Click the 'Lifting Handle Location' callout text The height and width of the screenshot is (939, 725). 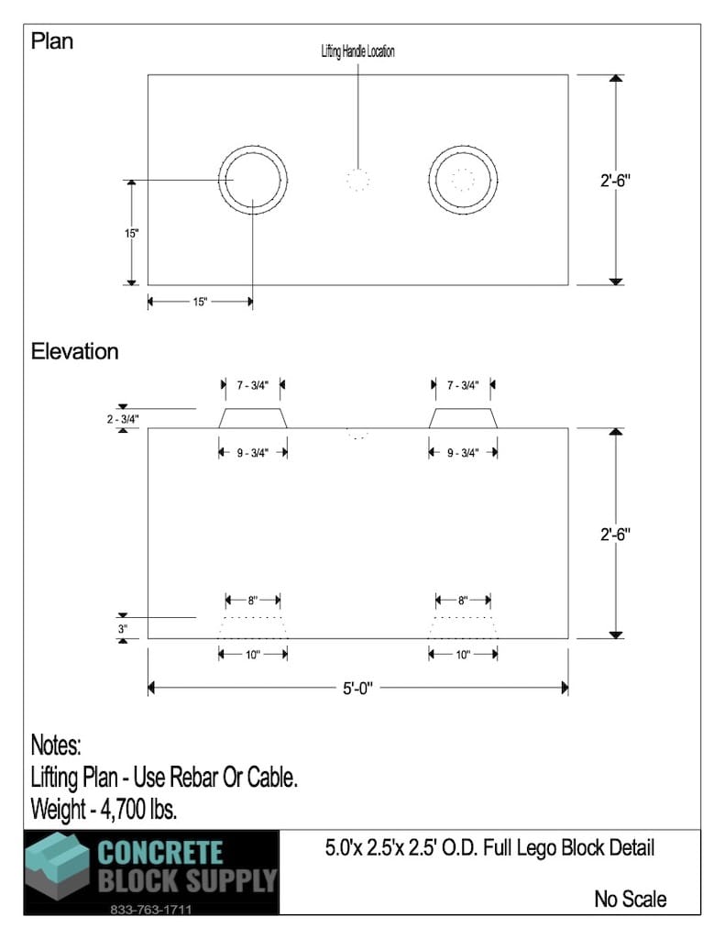358,51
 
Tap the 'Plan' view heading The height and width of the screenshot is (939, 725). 52,41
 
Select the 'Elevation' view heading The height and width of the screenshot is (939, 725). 75,351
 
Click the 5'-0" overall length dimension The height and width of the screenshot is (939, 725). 357,688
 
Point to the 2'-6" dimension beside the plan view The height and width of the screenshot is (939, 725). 615,180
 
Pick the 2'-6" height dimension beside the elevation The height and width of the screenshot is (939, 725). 615,534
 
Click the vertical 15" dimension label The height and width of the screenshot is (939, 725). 132,233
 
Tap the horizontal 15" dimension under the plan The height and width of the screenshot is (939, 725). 200,301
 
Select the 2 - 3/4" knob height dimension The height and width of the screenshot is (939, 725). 123,419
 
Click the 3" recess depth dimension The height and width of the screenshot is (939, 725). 123,629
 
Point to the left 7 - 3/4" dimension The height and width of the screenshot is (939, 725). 253,385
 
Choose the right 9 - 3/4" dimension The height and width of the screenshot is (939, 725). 463,453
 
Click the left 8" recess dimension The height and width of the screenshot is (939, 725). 253,600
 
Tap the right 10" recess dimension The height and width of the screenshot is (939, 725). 463,655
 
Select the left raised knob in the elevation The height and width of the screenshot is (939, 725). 253,418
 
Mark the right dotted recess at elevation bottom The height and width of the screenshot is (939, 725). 463,627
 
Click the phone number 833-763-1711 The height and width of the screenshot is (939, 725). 151,909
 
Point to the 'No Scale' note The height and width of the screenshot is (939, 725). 631,899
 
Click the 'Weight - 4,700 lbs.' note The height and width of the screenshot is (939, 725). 104,809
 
